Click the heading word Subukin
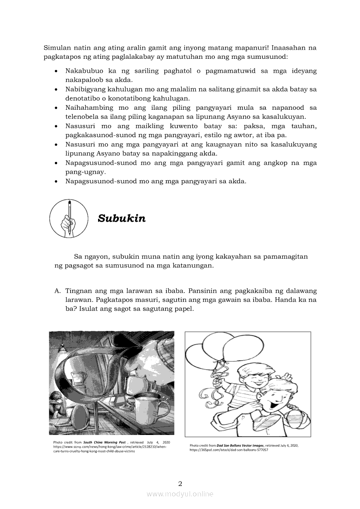122,218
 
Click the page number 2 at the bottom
180,483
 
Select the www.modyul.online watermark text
180,494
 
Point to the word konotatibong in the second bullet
123,98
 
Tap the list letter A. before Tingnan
57,291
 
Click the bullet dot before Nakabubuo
56,71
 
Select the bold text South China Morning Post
105,442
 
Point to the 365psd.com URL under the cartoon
228,450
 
